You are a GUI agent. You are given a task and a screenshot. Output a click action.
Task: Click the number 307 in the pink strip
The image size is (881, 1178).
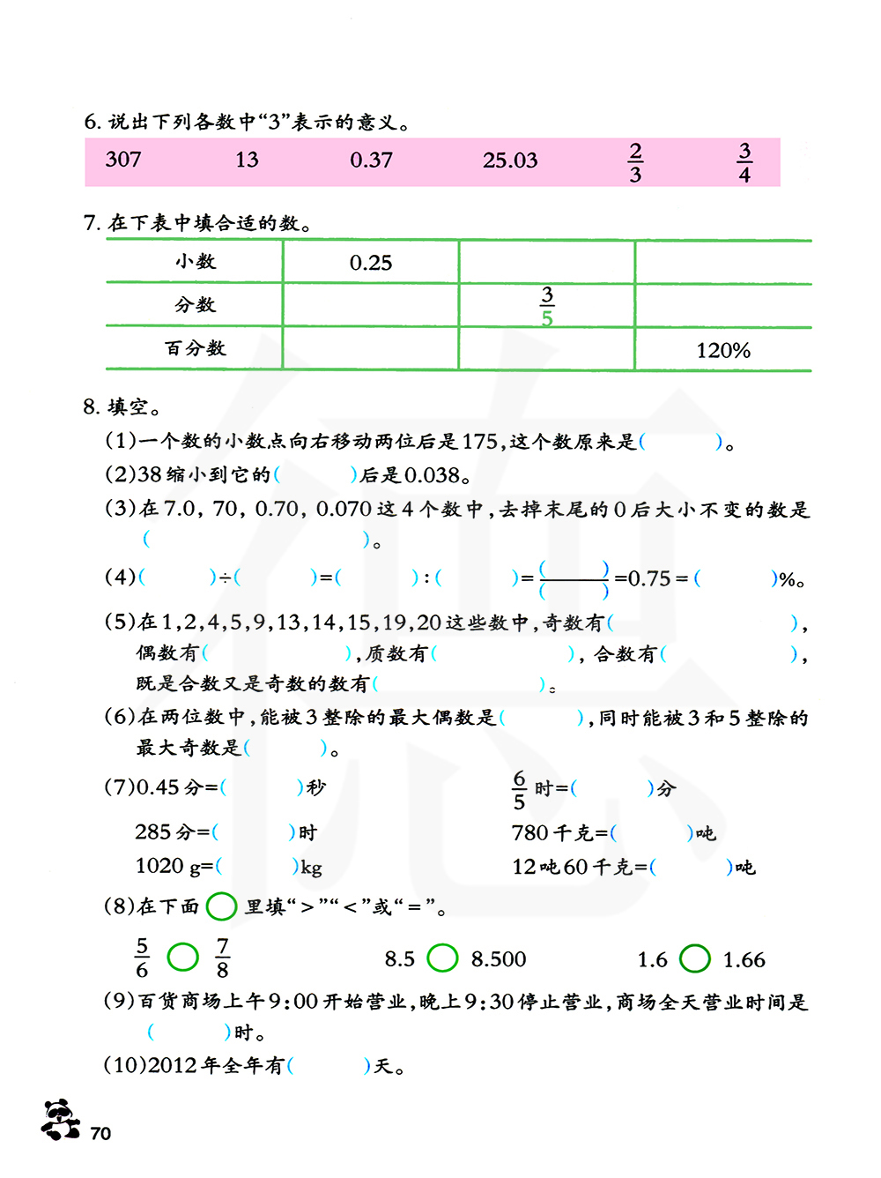tap(123, 160)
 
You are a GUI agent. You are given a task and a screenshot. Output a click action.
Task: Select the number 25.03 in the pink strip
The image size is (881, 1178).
tap(509, 160)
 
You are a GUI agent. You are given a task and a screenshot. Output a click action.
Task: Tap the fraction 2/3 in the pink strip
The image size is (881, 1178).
tap(635, 162)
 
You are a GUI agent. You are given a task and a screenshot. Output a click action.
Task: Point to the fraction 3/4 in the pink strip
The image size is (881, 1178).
tap(744, 162)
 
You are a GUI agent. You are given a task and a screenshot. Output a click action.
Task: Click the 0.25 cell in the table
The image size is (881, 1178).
tap(371, 263)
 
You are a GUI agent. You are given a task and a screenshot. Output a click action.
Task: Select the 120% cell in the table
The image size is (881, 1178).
tap(723, 351)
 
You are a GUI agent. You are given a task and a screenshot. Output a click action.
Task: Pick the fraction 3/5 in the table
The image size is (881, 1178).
tap(547, 306)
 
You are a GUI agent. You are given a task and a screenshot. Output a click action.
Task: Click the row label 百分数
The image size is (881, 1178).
tap(196, 348)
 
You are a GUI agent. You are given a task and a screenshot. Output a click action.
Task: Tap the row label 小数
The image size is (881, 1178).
tap(196, 261)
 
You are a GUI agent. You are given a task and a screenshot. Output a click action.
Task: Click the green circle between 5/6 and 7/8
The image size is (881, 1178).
tap(183, 957)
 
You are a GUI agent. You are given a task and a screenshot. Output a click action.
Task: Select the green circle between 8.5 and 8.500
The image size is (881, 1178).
tap(442, 958)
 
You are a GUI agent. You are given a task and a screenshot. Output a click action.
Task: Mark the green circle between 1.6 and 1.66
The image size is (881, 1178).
tap(695, 958)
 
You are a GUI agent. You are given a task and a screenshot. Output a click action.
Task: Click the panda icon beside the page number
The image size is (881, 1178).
tap(60, 1120)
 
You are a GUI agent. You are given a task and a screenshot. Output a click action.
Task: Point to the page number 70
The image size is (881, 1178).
tap(100, 1134)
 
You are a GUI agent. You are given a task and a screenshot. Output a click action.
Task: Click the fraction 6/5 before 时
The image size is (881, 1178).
tap(519, 790)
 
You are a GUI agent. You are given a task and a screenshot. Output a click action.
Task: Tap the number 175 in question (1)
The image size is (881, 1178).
tap(480, 441)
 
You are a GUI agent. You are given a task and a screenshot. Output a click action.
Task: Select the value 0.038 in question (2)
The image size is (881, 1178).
tap(433, 475)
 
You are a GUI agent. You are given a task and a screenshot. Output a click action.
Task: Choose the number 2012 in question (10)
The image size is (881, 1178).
tap(172, 1066)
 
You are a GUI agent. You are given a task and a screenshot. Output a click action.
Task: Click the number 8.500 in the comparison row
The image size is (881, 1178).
tap(499, 959)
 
